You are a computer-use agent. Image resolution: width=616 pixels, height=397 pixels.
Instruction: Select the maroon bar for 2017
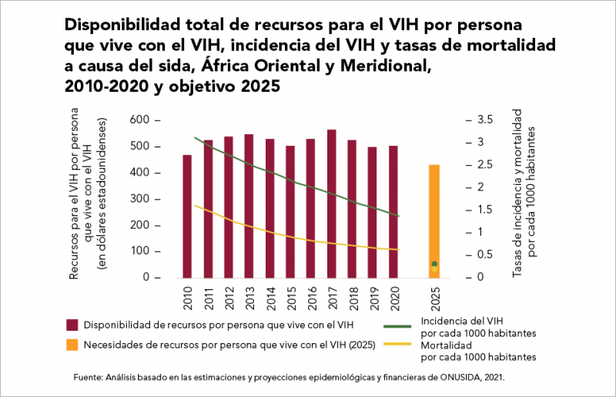click(332, 204)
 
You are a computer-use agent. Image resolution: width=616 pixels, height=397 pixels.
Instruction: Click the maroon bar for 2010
click(187, 216)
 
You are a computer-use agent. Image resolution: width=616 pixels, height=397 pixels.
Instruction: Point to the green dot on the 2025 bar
click(434, 264)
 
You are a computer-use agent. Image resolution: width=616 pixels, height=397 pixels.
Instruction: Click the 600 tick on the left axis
click(140, 120)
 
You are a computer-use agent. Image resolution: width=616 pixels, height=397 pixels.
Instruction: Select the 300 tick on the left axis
click(140, 199)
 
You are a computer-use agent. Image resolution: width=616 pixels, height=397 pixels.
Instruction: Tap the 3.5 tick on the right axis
click(484, 120)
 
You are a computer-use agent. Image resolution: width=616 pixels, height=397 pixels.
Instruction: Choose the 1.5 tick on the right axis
click(484, 210)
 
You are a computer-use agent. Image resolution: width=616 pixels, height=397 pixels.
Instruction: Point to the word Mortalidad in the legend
click(445, 345)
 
